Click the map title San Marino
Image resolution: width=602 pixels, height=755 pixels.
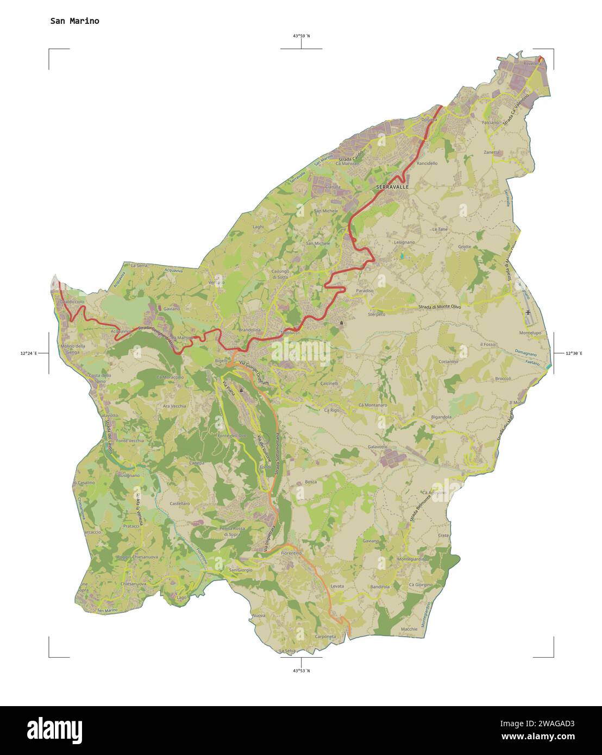(x=74, y=21)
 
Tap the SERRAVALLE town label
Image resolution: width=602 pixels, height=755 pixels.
(x=392, y=187)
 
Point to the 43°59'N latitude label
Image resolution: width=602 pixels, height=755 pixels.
(x=301, y=36)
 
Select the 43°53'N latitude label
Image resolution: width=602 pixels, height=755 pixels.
(x=301, y=671)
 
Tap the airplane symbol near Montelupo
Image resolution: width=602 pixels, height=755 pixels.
(x=528, y=313)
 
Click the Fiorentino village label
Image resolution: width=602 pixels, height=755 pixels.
(x=291, y=553)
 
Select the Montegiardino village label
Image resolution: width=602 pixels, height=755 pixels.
(x=412, y=559)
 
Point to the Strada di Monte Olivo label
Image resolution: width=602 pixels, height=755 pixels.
(x=440, y=307)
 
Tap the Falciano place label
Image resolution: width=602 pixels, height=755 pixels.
(x=490, y=123)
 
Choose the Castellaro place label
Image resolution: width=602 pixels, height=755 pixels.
(x=180, y=504)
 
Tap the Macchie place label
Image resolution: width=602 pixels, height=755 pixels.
(x=409, y=629)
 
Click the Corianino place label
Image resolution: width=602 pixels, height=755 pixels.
(x=449, y=362)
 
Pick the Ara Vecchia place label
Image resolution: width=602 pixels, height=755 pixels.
(x=174, y=406)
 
